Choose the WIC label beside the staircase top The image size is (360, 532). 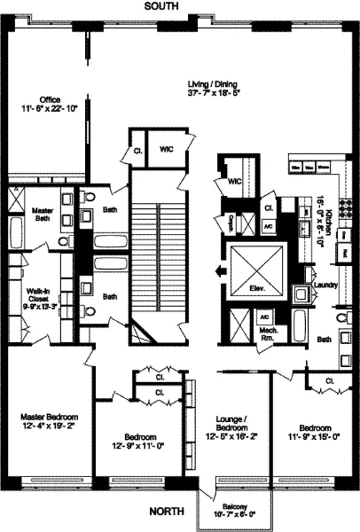coord(166,149)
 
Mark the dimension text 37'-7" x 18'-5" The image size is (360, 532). coord(209,92)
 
